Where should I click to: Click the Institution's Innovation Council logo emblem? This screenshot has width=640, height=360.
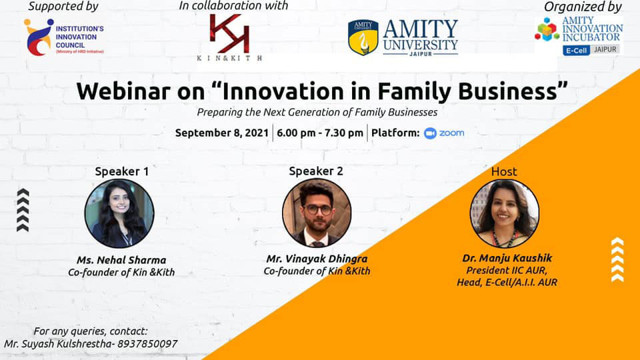coord(39,37)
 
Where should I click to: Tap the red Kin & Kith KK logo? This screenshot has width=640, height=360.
coord(229,33)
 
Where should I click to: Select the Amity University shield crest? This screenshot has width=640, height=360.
coord(363,37)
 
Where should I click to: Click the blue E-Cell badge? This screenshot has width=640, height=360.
coord(576,51)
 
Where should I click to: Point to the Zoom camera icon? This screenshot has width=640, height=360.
coord(430,133)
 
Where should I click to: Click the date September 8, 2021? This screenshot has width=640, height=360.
coord(221,133)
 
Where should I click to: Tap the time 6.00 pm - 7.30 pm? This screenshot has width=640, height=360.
coord(319,133)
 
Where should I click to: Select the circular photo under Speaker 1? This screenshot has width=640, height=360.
coord(119,213)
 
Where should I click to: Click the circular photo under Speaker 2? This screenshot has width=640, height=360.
coord(317,213)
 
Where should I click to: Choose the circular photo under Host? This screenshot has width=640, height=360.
coord(505,213)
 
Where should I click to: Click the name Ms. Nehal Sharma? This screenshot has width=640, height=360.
coord(121,260)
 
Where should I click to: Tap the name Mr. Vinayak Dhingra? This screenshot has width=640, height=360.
coord(317,259)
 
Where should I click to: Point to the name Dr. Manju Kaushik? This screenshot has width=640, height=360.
coord(507,258)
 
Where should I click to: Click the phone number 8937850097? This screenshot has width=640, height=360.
coord(147,344)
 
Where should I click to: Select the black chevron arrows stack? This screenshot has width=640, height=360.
coord(23,210)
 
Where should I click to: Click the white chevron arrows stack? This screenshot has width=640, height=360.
coord(617,259)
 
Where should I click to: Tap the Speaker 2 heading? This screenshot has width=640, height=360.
coord(316,171)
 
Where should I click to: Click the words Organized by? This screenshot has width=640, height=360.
coord(583,7)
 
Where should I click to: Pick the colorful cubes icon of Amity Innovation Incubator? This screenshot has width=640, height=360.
coord(547,29)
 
